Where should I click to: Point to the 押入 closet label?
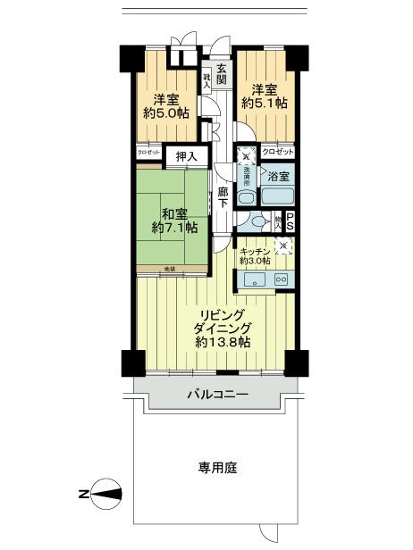[x=187, y=156]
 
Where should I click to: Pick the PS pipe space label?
[x=290, y=222]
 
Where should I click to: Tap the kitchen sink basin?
[x=252, y=279]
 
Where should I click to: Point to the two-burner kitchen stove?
[x=281, y=279]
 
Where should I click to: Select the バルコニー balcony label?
[x=217, y=393]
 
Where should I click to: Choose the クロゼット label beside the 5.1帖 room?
[x=277, y=153]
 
